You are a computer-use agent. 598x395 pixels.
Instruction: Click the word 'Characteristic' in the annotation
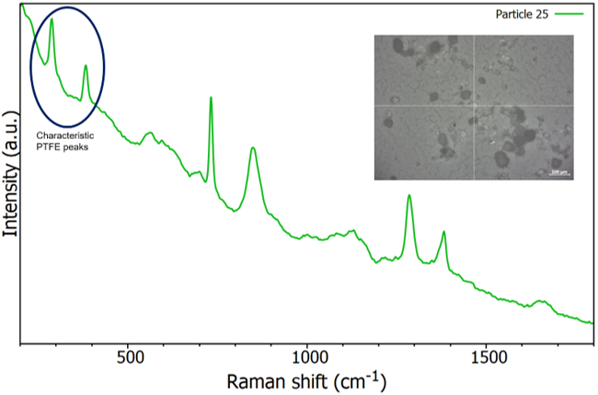[x=63, y=136]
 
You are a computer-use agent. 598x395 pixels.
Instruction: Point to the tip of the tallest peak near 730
[x=212, y=97]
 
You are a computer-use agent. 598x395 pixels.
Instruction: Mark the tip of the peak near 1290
[x=409, y=195]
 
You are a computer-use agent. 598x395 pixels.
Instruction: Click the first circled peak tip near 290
[x=52, y=18]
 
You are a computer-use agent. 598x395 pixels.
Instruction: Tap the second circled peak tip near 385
[x=86, y=65]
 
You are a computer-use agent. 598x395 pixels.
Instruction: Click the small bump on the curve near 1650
[x=541, y=301]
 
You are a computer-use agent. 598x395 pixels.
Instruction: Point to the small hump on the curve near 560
[x=150, y=134]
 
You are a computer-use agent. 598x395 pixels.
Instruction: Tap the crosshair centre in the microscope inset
[x=473, y=102]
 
